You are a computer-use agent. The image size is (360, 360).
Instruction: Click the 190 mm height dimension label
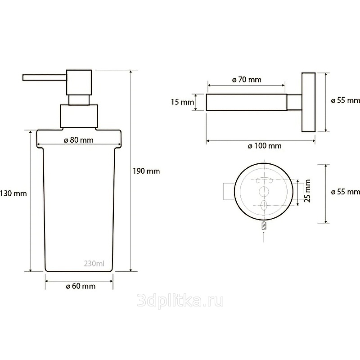[146, 171]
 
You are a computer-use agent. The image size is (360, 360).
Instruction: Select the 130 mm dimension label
[13, 193]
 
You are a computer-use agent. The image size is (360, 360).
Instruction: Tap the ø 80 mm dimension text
[79, 140]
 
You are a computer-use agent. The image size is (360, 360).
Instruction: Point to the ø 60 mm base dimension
[81, 286]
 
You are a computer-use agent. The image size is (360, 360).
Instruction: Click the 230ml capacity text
[94, 263]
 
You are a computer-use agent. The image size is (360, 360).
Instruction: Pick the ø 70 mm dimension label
[247, 80]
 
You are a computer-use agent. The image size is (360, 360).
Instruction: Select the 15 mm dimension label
[183, 102]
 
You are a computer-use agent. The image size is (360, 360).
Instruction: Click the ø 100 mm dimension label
[265, 146]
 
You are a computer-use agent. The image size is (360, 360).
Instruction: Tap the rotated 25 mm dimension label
[307, 191]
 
